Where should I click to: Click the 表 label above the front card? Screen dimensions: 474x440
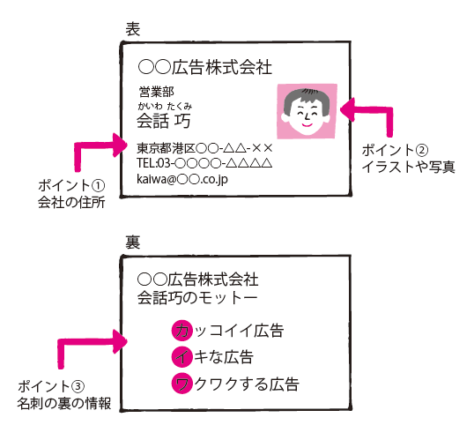[133, 29]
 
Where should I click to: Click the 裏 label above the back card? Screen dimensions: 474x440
[133, 242]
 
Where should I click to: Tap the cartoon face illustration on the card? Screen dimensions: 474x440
[307, 111]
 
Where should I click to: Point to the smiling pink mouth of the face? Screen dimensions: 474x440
[307, 124]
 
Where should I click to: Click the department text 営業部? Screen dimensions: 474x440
[156, 92]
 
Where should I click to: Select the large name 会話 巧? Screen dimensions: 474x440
[164, 121]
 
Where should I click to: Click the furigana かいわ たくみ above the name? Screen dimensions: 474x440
[165, 106]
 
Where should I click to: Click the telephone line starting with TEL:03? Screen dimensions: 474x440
[204, 163]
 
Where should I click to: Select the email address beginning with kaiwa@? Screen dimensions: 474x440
[182, 179]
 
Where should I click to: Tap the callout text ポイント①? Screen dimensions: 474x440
[71, 186]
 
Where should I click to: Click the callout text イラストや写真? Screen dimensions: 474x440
[409, 167]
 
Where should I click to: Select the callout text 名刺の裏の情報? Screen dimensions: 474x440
[64, 403]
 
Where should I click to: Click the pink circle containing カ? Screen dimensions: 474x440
[182, 330]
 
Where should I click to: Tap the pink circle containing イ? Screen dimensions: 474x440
[182, 357]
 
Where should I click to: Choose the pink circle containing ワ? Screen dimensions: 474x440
[182, 384]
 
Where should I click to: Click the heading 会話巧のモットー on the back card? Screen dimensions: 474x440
[197, 297]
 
